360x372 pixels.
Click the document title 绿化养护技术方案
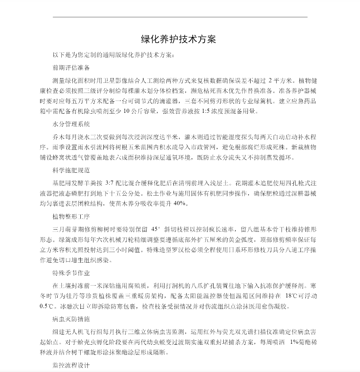(178, 39)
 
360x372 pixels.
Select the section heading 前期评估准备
(71, 68)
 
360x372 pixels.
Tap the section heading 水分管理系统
(71, 124)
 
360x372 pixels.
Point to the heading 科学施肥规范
(71, 169)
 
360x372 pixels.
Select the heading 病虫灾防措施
(71, 318)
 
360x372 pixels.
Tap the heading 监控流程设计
(71, 365)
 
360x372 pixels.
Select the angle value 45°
(156, 229)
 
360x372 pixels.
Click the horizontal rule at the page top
(180, 17)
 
